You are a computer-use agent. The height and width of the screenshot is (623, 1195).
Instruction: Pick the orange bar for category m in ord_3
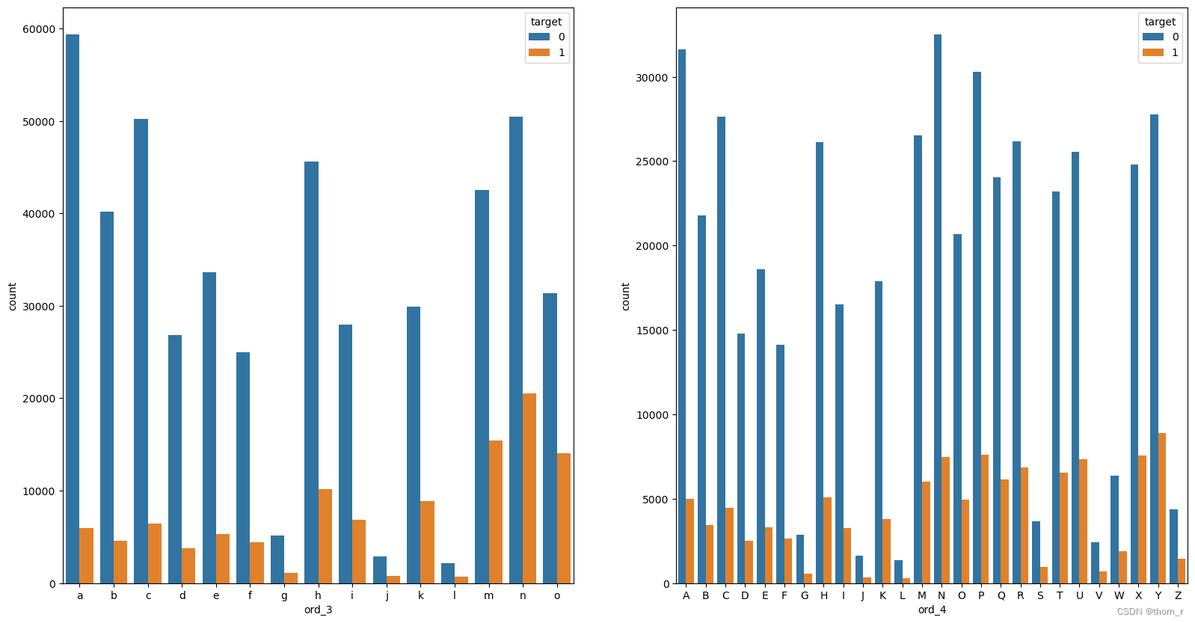click(x=495, y=512)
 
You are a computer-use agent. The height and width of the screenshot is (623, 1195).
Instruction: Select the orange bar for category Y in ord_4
click(x=1161, y=509)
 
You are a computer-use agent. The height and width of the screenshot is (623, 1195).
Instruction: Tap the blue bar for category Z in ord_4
click(x=1173, y=547)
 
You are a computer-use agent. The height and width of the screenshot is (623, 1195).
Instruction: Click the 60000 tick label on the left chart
click(x=39, y=29)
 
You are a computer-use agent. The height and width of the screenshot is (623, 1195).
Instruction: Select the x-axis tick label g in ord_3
click(x=284, y=596)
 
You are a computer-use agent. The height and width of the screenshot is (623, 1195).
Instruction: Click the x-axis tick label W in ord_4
click(x=1119, y=596)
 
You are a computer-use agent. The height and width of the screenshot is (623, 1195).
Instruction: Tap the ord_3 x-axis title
click(x=318, y=610)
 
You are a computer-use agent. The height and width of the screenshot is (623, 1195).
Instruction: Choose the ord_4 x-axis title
click(x=932, y=610)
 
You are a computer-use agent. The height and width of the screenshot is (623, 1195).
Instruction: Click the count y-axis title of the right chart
click(x=626, y=296)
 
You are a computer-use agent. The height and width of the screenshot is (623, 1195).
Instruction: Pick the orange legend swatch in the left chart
click(x=538, y=52)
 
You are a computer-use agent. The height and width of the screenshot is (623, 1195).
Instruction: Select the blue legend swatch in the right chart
click(x=1152, y=37)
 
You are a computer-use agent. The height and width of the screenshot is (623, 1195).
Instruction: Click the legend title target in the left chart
click(x=546, y=22)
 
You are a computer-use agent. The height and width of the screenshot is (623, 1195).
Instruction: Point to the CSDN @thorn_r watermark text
click(x=1150, y=612)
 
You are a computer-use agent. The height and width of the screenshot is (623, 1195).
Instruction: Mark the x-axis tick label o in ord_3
click(x=556, y=596)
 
